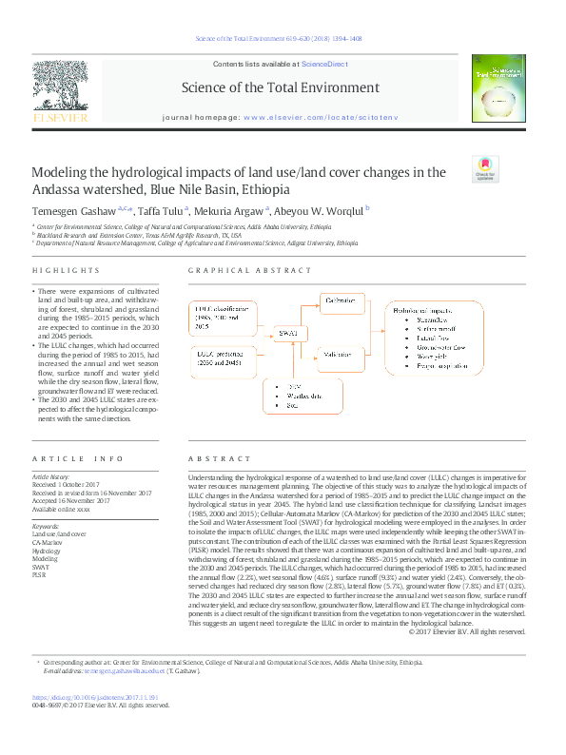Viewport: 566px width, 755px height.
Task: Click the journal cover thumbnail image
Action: pyautogui.click(x=499, y=88)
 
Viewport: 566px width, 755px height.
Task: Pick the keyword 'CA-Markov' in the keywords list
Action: pyautogui.click(x=47, y=542)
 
